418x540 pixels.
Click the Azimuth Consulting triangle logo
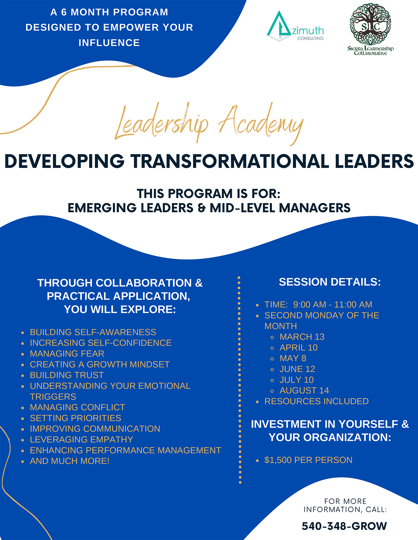[278, 26]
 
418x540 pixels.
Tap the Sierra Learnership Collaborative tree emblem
[370, 24]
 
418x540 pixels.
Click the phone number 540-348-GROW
[344, 526]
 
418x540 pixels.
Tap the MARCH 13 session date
[302, 337]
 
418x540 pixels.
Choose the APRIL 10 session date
[298, 348]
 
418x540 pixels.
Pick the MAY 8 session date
[293, 358]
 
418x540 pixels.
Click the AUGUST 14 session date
[304, 391]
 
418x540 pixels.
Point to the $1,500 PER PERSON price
[308, 460]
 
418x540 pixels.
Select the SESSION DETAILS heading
[330, 282]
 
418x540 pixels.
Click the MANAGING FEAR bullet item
[67, 354]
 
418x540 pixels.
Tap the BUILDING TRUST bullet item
[67, 375]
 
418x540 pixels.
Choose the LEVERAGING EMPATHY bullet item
[81, 440]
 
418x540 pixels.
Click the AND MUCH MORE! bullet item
[70, 461]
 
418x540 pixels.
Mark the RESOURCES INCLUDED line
[316, 401]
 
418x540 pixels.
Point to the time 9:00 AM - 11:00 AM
[332, 305]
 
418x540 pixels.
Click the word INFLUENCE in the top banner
[109, 43]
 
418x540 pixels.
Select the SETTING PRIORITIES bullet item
[75, 418]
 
